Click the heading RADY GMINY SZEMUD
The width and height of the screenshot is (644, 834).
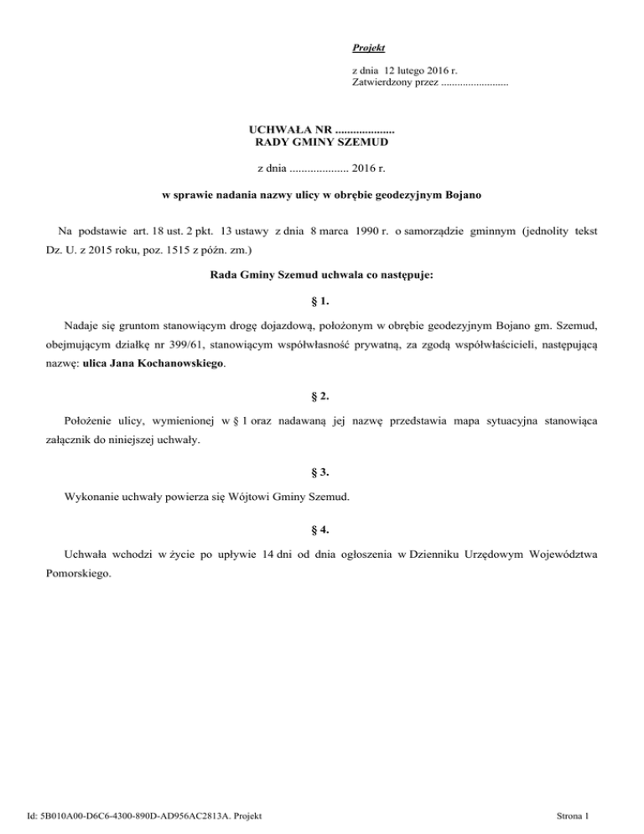(x=322, y=143)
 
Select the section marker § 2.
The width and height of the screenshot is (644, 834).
(x=322, y=395)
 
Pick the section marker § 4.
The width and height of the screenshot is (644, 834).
(x=322, y=529)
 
